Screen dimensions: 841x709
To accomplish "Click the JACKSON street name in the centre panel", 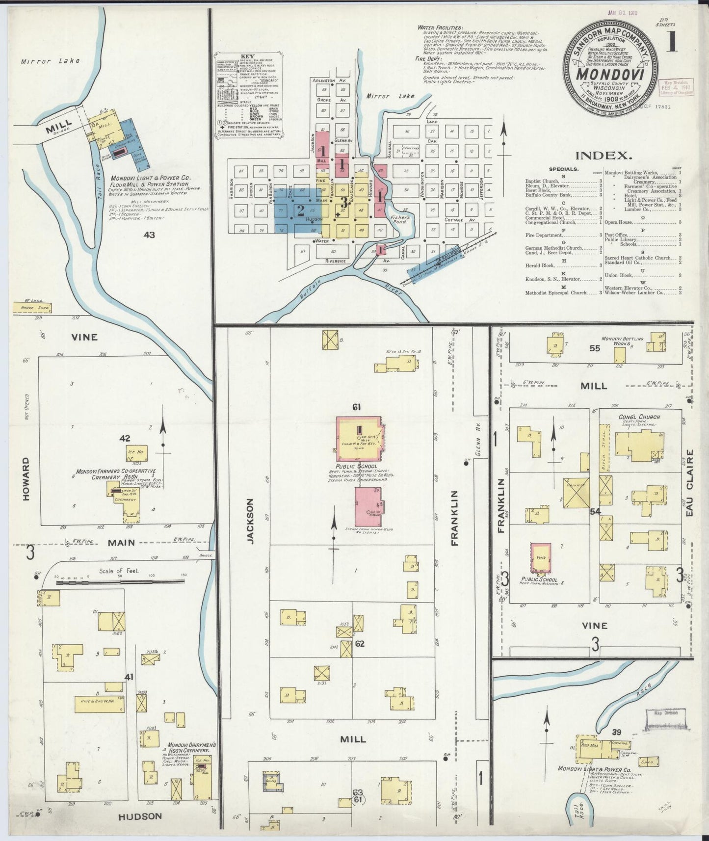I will click(x=250, y=521).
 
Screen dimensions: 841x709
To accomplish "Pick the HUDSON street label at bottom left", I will click(x=140, y=816).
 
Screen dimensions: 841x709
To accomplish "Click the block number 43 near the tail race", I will click(x=149, y=235).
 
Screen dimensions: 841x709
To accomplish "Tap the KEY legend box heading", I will click(x=247, y=57).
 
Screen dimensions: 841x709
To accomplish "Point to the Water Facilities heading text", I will click(x=440, y=27).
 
